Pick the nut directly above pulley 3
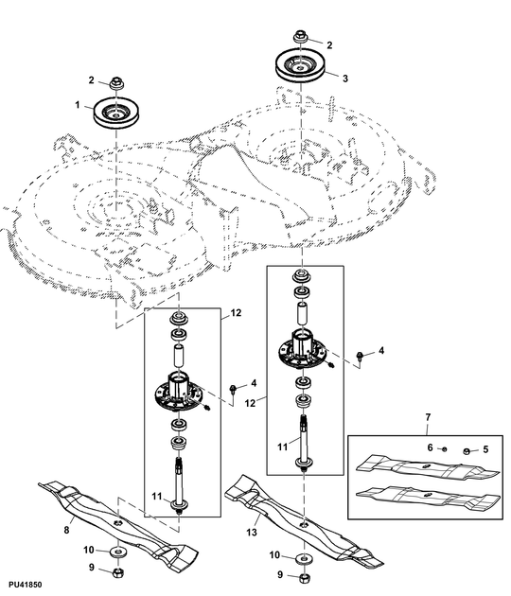click(x=299, y=40)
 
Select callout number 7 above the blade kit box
click(x=427, y=417)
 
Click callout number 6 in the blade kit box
click(x=429, y=447)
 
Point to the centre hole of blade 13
click(x=302, y=518)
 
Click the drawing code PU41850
click(x=26, y=587)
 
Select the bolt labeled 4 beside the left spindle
click(x=232, y=390)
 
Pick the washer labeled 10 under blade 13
click(x=302, y=555)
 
